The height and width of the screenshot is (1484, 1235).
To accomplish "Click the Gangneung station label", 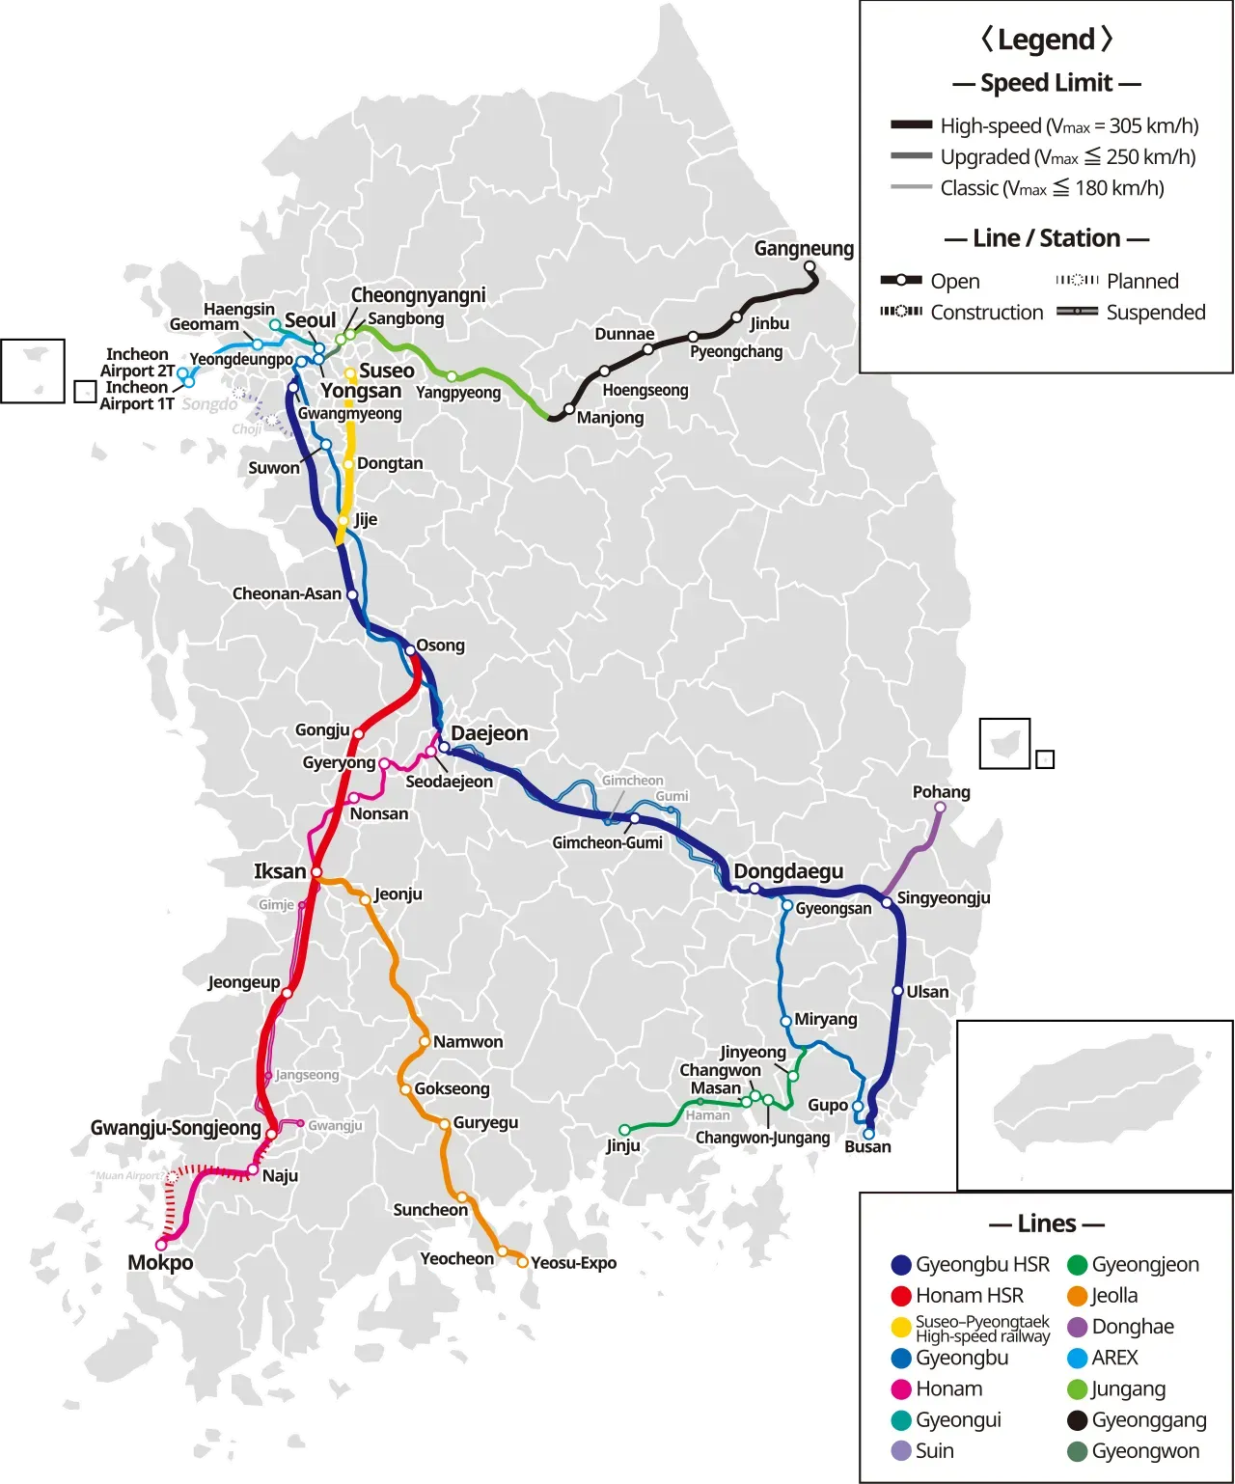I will click(804, 249).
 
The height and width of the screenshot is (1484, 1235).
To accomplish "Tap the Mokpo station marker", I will click(161, 1245).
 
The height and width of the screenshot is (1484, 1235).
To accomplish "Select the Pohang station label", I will click(941, 792).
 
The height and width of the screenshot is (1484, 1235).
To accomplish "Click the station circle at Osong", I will click(410, 650).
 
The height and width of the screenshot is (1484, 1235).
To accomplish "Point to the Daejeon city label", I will click(489, 733).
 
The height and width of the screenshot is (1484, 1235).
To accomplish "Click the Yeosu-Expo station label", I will click(573, 1263).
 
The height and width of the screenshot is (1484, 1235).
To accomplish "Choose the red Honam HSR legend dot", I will click(901, 1296).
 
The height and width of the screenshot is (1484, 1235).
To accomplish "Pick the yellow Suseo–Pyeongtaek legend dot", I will click(901, 1328).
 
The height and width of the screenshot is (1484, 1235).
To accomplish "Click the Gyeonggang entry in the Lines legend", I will click(1148, 1419).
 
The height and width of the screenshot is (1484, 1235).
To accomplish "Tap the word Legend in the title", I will click(1046, 40).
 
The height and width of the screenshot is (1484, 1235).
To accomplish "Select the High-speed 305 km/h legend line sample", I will click(911, 125).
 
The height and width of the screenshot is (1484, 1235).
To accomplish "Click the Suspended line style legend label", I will click(1156, 313).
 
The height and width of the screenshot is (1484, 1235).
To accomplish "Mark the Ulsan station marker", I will click(898, 991).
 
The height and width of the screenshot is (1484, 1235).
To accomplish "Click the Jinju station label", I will click(623, 1146).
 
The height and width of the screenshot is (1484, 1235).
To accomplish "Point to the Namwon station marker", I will click(425, 1041).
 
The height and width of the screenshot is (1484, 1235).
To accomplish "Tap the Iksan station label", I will click(280, 871).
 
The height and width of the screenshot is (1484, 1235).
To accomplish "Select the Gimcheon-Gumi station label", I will click(607, 842).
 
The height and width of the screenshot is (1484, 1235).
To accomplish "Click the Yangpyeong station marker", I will click(452, 376).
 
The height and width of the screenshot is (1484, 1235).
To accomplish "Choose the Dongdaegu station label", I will click(788, 871).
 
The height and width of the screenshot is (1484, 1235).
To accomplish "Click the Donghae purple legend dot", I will click(1078, 1328).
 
